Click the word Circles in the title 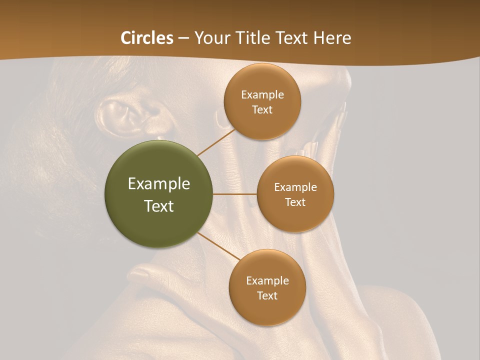pyautogui.click(x=147, y=38)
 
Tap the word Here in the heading pyautogui.click(x=332, y=38)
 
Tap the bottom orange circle pyautogui.click(x=267, y=310)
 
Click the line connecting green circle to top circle pyautogui.click(x=216, y=142)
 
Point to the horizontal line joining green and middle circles pyautogui.click(x=235, y=194)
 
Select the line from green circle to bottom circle pyautogui.click(x=219, y=246)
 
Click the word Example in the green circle pyautogui.click(x=159, y=184)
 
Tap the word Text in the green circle pyautogui.click(x=159, y=206)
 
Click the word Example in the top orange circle pyautogui.click(x=262, y=95)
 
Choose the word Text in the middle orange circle pyautogui.click(x=295, y=202)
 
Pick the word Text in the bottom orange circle pyautogui.click(x=267, y=296)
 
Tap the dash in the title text pyautogui.click(x=183, y=38)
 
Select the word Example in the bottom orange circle pyautogui.click(x=267, y=281)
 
